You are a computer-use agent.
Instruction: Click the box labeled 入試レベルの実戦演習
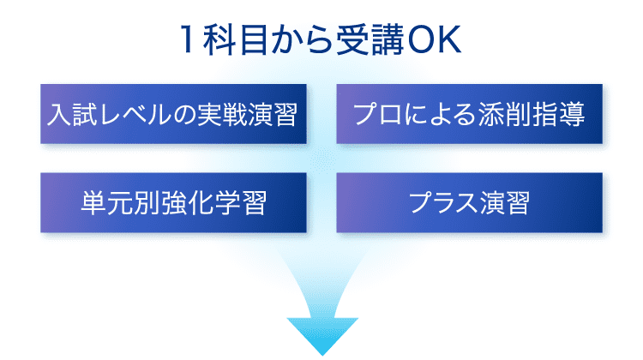(x=173, y=114)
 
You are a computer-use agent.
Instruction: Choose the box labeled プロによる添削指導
(x=470, y=114)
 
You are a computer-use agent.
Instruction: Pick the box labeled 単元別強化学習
(x=173, y=202)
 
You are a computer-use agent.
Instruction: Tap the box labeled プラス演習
(x=470, y=202)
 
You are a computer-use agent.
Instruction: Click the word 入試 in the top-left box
(x=73, y=114)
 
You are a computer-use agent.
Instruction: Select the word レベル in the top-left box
(x=135, y=114)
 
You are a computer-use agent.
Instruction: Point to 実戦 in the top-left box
(x=222, y=114)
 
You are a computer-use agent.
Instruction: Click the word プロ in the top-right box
(x=378, y=114)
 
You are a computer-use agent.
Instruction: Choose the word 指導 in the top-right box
(x=559, y=114)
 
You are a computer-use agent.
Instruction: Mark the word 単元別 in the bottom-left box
(x=120, y=202)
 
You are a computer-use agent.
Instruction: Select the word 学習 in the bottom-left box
(x=241, y=202)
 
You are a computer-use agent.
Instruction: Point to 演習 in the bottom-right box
(x=504, y=202)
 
